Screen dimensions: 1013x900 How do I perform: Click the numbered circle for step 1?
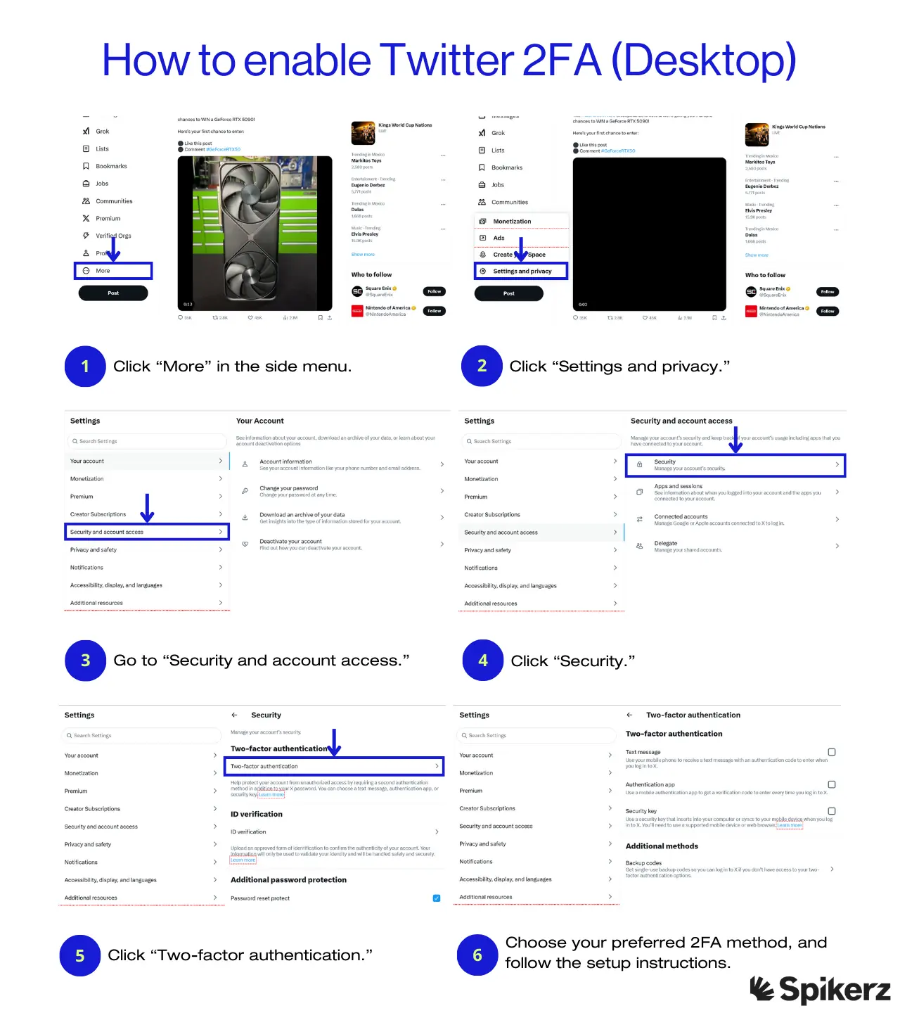click(85, 366)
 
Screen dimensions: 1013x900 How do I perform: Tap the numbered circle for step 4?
click(483, 661)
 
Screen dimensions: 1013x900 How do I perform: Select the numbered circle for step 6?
click(477, 955)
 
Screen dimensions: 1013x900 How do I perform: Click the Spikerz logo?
click(820, 990)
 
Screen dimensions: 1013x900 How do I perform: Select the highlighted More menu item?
click(113, 271)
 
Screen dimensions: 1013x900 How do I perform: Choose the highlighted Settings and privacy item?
click(521, 271)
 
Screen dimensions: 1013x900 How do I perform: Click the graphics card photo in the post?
click(255, 233)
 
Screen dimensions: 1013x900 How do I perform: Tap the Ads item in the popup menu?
click(499, 238)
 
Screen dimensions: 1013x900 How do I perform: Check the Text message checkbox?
click(832, 752)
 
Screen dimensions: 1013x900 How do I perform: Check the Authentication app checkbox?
click(832, 784)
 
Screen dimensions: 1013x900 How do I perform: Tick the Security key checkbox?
click(832, 811)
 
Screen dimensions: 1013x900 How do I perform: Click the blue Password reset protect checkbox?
click(437, 898)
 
